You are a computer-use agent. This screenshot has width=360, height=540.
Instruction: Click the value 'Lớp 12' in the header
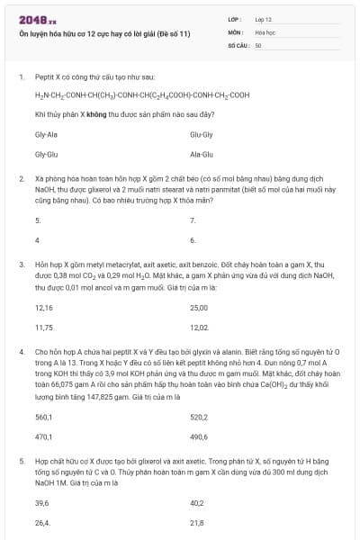(x=264, y=18)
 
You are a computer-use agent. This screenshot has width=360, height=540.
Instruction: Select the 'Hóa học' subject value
(x=265, y=31)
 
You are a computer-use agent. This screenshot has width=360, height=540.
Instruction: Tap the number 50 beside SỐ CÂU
(x=258, y=44)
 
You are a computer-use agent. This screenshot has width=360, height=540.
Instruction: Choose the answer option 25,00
(x=199, y=307)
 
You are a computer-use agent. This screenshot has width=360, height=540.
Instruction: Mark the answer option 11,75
(x=44, y=328)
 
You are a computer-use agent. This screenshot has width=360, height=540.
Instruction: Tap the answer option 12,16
(x=44, y=307)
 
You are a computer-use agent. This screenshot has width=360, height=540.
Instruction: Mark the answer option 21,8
(x=197, y=523)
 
